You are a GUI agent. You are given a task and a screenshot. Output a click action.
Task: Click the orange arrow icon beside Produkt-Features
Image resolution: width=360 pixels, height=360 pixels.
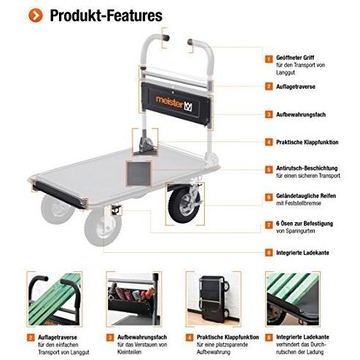(36, 15)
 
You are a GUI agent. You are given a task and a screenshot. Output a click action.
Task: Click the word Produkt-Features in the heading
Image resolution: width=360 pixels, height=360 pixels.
(106, 15)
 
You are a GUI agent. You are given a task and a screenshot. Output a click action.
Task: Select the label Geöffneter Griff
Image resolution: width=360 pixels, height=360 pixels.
(295, 58)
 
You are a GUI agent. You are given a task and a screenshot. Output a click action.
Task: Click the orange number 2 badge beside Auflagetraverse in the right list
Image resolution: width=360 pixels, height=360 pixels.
(269, 87)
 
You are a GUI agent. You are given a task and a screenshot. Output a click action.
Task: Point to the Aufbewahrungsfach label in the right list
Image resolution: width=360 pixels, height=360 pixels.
(301, 114)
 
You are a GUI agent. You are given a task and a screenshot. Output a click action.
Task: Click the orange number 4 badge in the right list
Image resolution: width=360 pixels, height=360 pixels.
(269, 142)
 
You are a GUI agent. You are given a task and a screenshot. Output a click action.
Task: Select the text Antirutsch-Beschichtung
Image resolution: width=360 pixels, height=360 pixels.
(307, 168)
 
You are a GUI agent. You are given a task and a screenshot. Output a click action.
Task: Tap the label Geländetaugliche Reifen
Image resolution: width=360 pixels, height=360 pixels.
(306, 196)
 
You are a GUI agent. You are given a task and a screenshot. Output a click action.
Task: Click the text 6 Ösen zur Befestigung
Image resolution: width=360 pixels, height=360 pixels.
(305, 224)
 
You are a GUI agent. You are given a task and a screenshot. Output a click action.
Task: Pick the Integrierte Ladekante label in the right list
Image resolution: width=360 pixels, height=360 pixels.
(302, 253)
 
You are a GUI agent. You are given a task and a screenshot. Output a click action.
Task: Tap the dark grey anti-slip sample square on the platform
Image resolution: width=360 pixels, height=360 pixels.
(138, 173)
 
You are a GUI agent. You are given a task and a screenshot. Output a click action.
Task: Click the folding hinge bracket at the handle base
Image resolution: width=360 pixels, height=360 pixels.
(145, 144)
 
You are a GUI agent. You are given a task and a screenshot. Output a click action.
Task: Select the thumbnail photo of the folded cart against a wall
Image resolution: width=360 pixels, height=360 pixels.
(214, 299)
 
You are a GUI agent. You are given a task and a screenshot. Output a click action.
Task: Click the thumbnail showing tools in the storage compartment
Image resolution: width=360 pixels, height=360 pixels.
(134, 299)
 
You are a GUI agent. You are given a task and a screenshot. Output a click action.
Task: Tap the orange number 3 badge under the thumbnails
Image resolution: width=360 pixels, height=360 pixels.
(110, 337)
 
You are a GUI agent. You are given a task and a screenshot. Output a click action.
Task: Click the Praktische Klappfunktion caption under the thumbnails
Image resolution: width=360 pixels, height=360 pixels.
(227, 337)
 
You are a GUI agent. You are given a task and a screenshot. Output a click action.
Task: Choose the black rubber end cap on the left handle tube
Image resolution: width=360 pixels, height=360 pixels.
(166, 38)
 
